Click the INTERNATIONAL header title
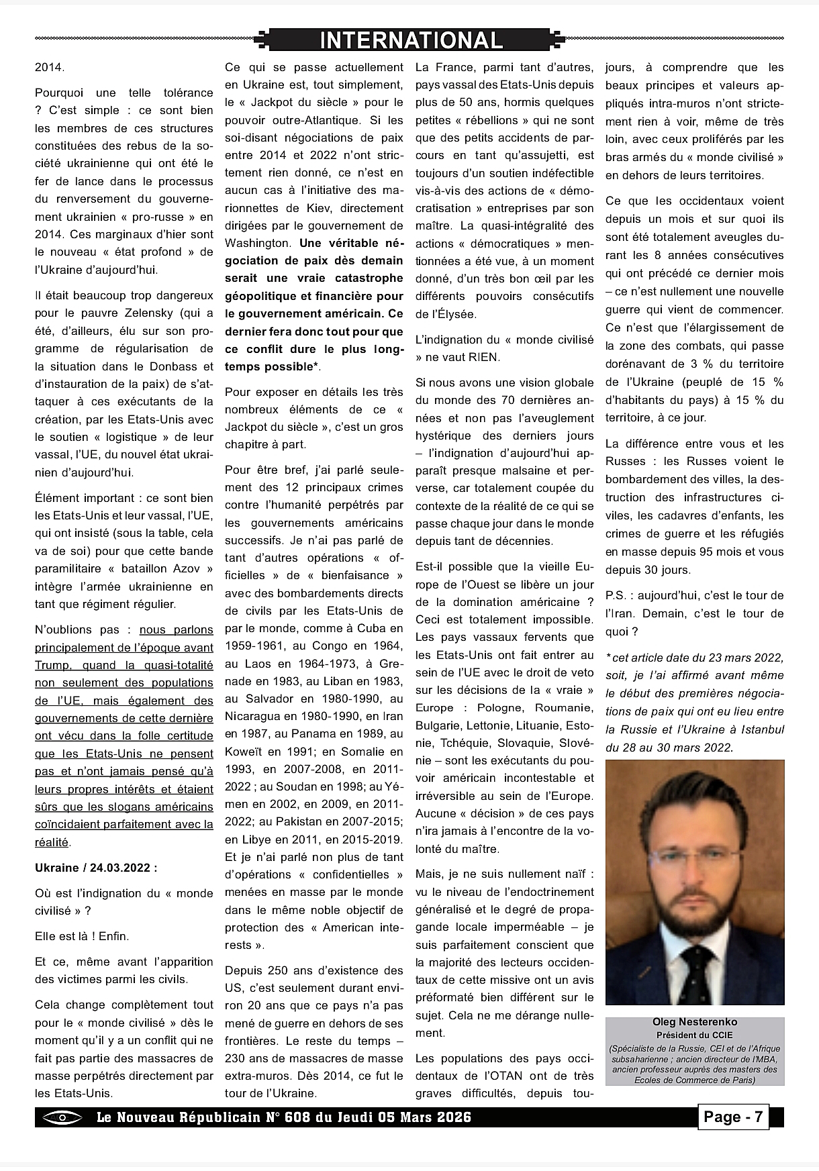(411, 41)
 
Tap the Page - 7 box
(732, 1117)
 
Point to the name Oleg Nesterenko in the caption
(694, 1022)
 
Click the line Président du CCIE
(694, 1034)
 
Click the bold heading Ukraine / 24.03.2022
(96, 868)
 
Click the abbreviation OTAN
(512, 1076)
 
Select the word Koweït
(243, 752)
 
